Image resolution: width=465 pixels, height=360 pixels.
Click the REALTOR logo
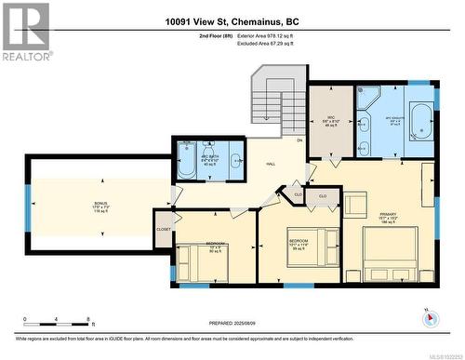point(25,32)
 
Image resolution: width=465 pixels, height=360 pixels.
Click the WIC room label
point(330,120)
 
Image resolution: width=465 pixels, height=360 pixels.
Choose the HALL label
point(271,164)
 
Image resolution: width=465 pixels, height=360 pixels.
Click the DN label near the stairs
point(299,140)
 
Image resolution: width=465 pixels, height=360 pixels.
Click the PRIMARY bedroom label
point(388,216)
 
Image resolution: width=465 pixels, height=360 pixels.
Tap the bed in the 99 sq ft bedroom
point(307,250)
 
